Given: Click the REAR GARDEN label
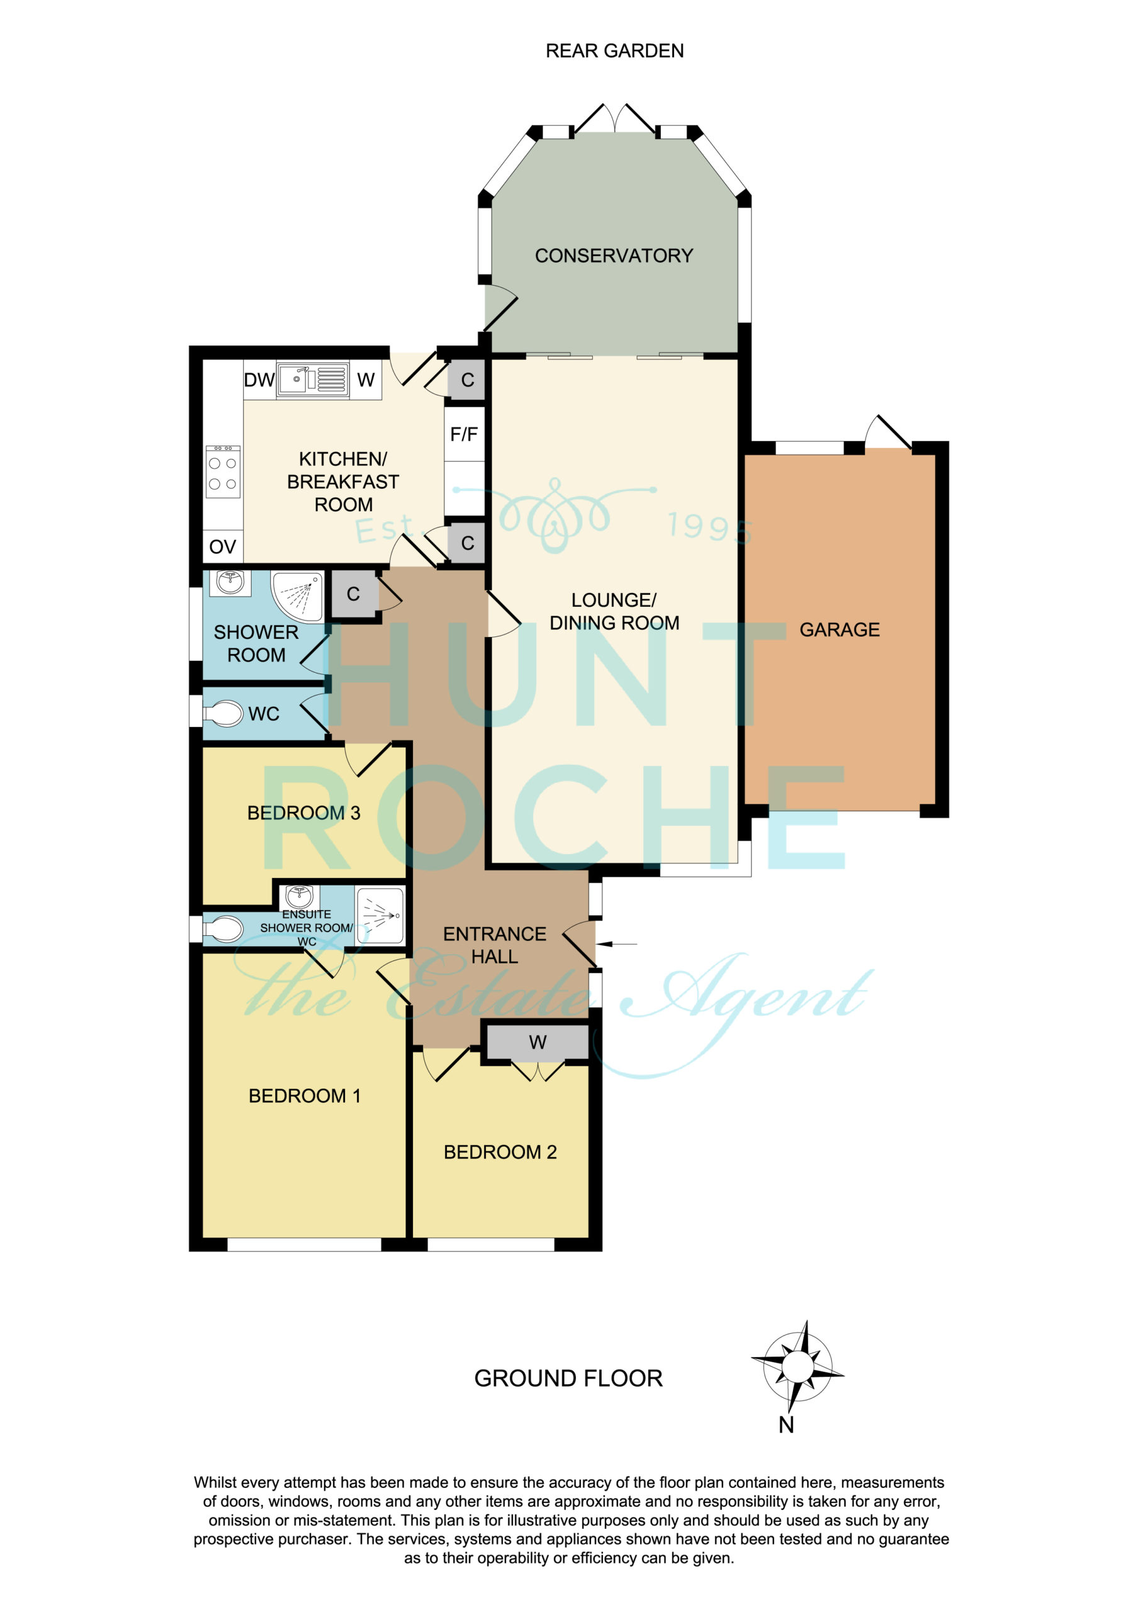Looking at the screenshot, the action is point(614,50).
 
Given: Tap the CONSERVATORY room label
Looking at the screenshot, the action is point(614,255).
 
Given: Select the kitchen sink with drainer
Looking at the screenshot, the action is point(312,379).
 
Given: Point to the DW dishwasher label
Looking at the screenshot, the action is point(259,380).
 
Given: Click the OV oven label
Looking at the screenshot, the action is point(223,547).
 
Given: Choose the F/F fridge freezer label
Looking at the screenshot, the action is point(463,434).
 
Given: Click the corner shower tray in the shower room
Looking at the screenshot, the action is point(298,597).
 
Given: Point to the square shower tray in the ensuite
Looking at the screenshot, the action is point(380,915).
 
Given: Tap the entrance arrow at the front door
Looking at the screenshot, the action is point(620,944).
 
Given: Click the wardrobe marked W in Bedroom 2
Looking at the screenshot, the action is point(537,1043).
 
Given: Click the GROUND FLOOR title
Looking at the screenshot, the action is point(568,1379).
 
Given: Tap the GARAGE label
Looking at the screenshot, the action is point(839,630).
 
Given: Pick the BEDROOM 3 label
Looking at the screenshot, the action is point(304,813).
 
